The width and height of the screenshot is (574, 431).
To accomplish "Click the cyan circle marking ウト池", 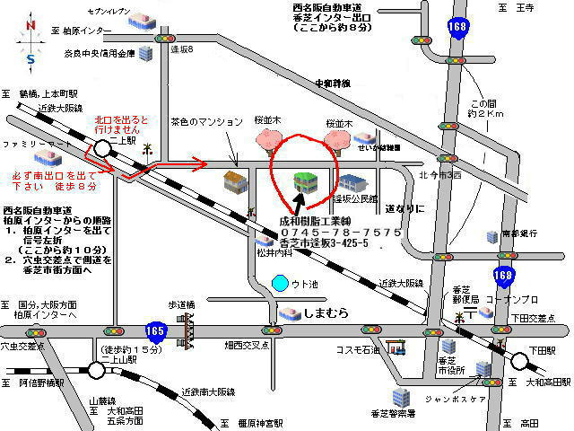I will [280, 286].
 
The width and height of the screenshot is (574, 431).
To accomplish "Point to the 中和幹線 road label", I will [332, 84].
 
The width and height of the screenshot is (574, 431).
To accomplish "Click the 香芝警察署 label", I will [393, 413].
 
